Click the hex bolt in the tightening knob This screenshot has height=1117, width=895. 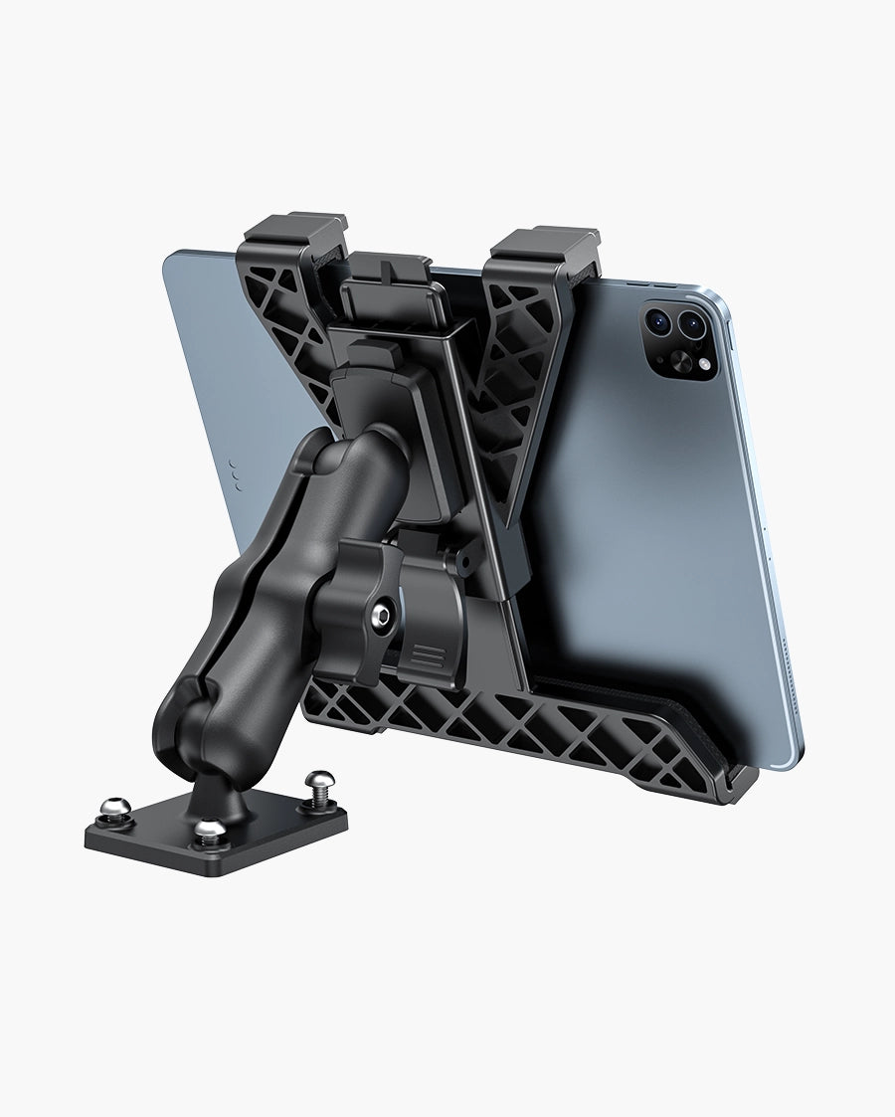click(x=380, y=618)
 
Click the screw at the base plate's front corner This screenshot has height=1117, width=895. click(x=209, y=829)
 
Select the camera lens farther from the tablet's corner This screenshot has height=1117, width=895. click(x=659, y=319)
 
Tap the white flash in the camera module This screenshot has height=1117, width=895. click(x=704, y=365)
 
